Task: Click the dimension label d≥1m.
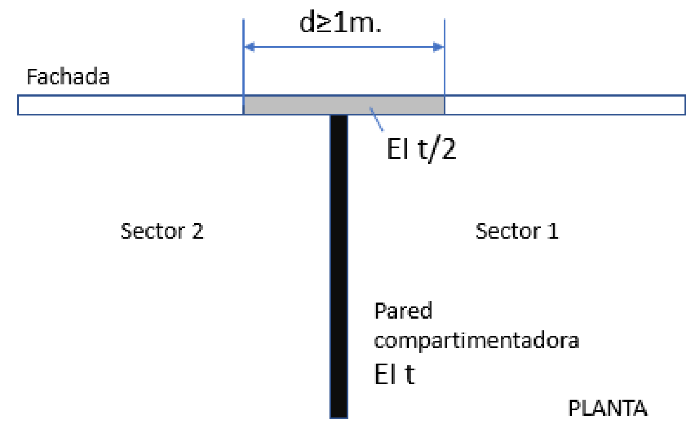click(341, 24)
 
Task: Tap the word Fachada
click(68, 77)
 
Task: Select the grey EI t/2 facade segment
click(344, 105)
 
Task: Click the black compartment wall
click(339, 266)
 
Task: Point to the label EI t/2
click(421, 149)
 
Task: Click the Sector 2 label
click(162, 231)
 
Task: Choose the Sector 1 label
click(517, 231)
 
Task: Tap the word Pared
click(403, 311)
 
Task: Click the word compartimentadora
click(476, 340)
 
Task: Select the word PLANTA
click(608, 409)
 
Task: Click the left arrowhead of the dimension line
click(249, 47)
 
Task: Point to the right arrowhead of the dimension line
click(439, 47)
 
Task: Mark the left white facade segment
click(130, 105)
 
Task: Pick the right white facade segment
click(565, 105)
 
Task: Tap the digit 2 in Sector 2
click(197, 231)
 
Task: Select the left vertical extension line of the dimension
click(244, 61)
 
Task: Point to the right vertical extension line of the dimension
click(444, 61)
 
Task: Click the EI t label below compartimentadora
click(394, 375)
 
